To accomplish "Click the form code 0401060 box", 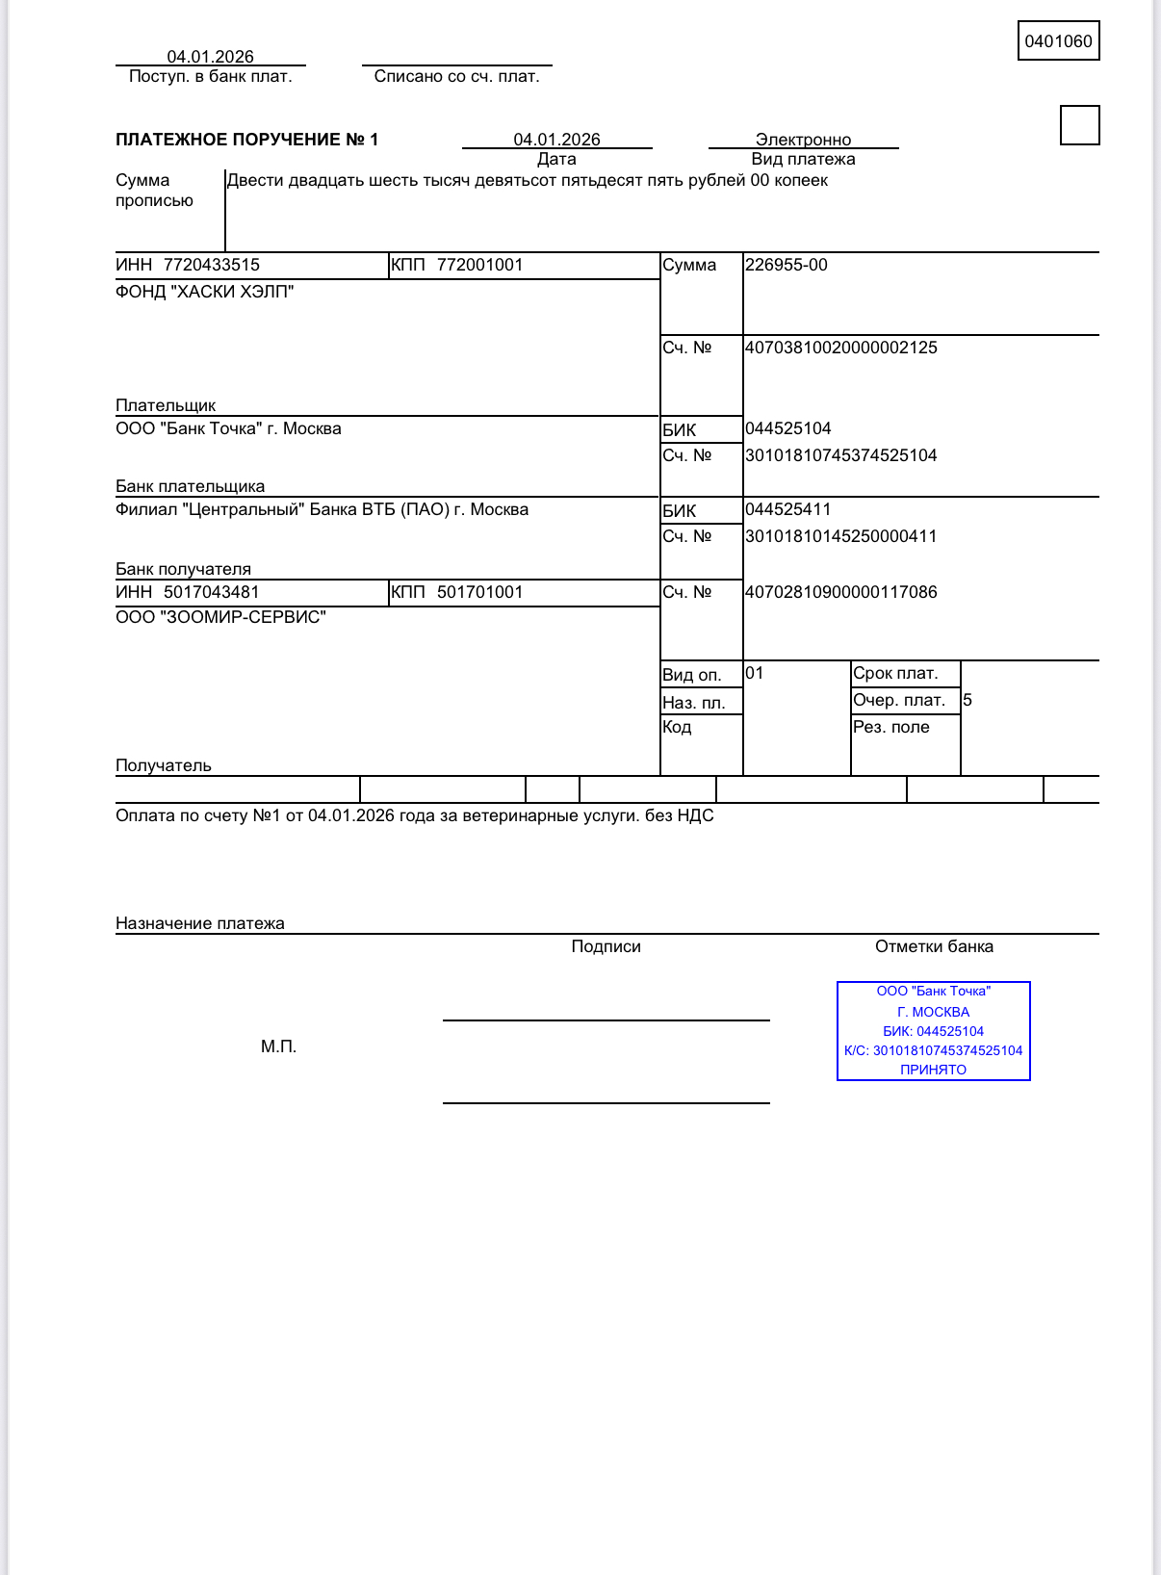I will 1058,41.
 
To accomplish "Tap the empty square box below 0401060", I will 1079,125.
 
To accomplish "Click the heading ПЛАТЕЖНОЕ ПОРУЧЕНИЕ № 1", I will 246,140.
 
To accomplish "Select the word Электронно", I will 803,140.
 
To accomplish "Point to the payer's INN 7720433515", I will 211,265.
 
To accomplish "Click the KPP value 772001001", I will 479,265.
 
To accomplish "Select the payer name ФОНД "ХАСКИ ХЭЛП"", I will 204,292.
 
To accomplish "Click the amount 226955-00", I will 786,265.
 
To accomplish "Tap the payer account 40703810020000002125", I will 840,348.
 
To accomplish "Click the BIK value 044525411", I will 787,509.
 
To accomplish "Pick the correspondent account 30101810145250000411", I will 840,536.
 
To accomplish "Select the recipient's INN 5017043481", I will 211,592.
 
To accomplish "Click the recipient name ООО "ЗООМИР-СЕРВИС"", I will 220,617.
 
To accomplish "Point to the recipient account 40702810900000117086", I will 840,592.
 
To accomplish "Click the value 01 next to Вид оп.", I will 754,673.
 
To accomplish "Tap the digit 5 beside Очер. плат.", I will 967,700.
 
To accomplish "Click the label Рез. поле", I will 890,727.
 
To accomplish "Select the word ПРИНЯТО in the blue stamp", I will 933,1070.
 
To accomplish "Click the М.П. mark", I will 278,1046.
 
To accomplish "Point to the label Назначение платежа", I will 199,923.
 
